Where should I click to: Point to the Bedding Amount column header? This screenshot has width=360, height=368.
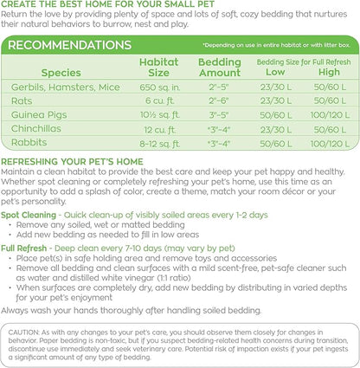(x=220, y=67)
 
